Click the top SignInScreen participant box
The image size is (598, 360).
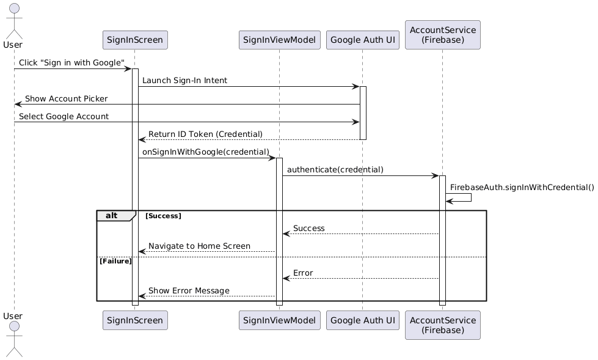click(134, 40)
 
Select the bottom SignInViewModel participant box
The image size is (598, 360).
click(279, 320)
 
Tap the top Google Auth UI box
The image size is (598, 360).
click(362, 40)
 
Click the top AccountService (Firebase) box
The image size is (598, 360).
click(442, 35)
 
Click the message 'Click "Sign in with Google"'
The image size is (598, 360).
click(71, 63)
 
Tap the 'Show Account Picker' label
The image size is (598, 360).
click(66, 98)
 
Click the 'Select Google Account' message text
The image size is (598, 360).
click(64, 116)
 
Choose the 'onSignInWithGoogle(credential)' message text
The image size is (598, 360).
click(205, 152)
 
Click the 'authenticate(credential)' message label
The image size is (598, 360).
click(335, 169)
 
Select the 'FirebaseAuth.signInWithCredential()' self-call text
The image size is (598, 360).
click(522, 187)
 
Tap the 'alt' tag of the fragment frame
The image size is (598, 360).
click(111, 215)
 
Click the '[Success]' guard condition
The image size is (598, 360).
click(163, 216)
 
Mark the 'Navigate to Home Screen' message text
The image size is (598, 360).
click(199, 246)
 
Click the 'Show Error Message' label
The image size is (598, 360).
click(189, 290)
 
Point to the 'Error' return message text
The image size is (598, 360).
click(303, 273)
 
